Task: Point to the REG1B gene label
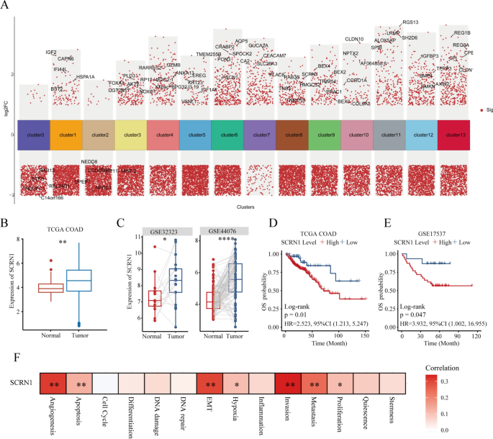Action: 462,33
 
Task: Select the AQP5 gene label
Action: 241,41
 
